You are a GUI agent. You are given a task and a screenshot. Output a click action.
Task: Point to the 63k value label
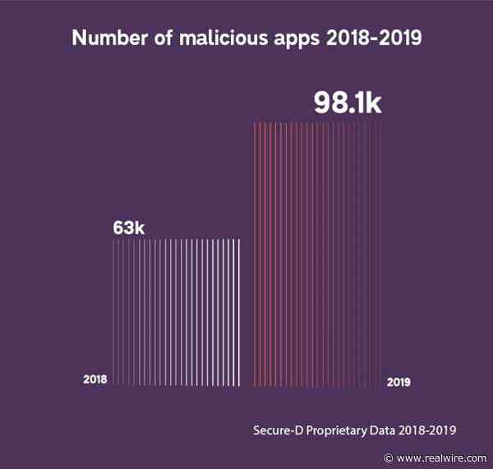tap(128, 228)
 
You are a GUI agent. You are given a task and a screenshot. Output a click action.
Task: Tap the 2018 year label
tap(95, 379)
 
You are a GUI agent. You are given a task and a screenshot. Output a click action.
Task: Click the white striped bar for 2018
tap(177, 312)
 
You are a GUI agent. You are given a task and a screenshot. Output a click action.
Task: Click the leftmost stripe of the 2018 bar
tap(114, 312)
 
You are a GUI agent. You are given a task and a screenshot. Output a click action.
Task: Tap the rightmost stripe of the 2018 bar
tap(239, 312)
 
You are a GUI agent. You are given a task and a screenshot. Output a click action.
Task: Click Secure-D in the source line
tap(279, 430)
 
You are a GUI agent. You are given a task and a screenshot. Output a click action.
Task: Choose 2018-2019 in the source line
tap(432, 430)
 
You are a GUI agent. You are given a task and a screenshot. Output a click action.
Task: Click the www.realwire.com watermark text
tap(449, 458)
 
